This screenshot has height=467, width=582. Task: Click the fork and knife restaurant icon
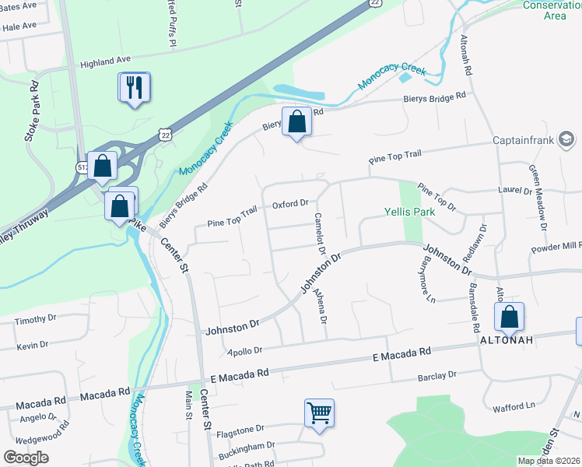click(134, 88)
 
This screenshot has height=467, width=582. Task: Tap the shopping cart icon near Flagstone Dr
click(319, 413)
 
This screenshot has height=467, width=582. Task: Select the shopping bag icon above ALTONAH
click(509, 316)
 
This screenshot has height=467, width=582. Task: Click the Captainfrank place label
click(521, 141)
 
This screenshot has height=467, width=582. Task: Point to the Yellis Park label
click(408, 211)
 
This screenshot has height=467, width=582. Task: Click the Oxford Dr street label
click(290, 205)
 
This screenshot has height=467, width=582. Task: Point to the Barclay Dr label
click(436, 375)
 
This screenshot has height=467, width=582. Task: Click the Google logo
click(26, 457)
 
